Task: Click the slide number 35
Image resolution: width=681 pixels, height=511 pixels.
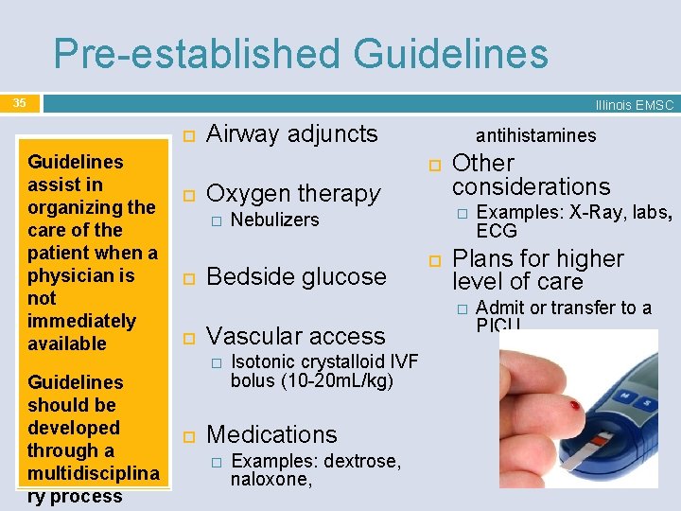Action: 20,102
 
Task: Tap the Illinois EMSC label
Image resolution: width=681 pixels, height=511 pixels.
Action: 634,106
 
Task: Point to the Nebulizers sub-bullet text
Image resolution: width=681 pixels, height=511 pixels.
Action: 275,220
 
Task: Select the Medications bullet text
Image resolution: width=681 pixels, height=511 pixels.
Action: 271,434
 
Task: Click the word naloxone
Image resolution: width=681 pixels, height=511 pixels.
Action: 271,480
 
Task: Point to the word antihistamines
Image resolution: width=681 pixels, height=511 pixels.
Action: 535,135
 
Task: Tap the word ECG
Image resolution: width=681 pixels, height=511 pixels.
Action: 497,232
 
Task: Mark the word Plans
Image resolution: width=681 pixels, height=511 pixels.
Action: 482,258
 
